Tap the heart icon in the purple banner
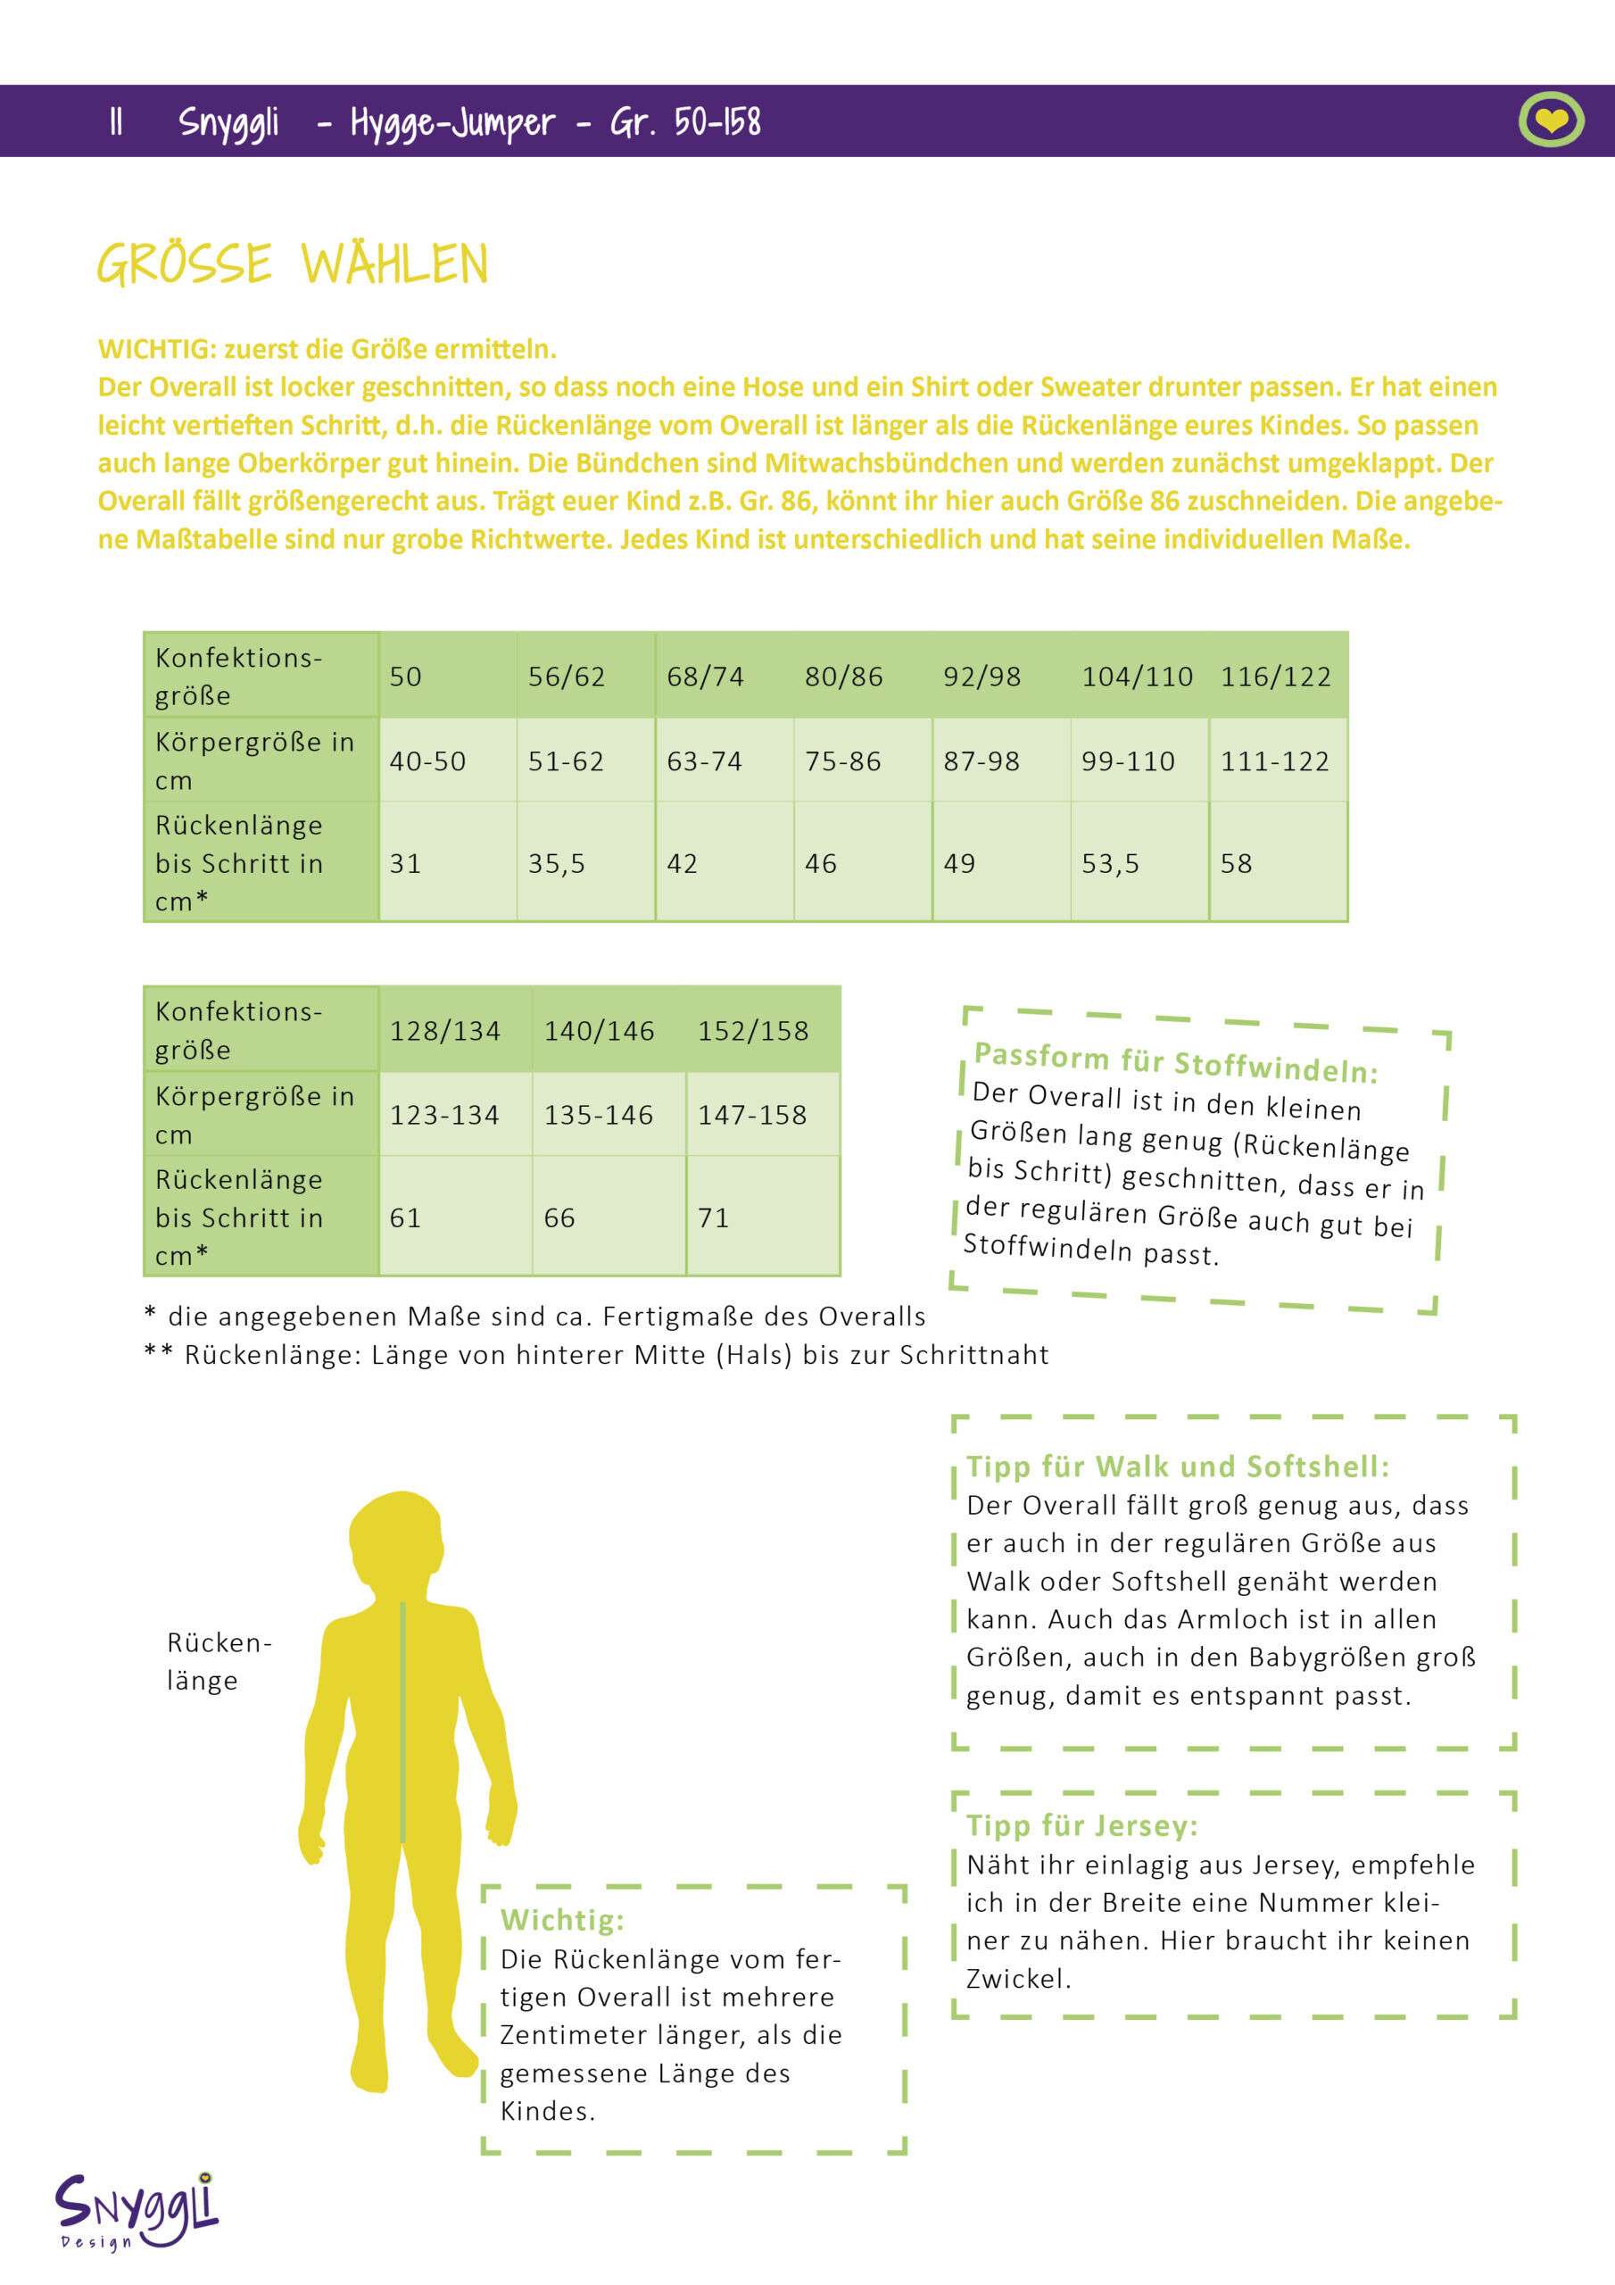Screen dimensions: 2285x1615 pos(1551,121)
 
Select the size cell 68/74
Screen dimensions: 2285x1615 pos(706,677)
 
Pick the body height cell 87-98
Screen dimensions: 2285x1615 pos(981,761)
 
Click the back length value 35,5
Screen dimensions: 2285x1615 pos(556,863)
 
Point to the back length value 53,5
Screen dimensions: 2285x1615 pos(1111,863)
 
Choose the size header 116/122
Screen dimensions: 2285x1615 pos(1276,677)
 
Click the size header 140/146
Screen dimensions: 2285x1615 pos(599,1031)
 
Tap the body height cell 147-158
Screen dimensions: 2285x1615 pos(752,1115)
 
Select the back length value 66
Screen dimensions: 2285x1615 pos(559,1217)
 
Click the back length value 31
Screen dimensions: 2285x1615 pos(405,863)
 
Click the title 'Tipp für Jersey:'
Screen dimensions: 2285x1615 pos(1081,1826)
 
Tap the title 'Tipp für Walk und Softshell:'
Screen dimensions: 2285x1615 pos(1177,1467)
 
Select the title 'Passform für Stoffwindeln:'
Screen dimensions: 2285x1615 pos(1175,1062)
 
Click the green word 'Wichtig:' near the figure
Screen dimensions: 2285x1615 pos(562,1920)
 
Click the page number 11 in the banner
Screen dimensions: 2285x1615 pos(116,121)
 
